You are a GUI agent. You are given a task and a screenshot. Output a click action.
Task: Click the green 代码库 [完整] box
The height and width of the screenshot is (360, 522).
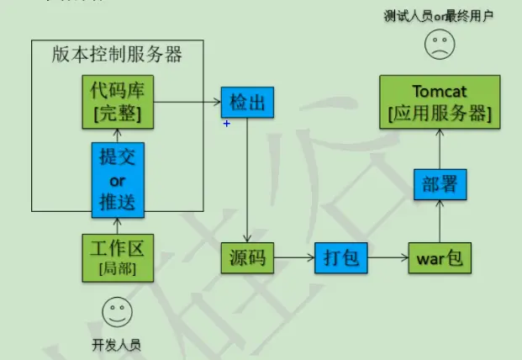[x=118, y=102]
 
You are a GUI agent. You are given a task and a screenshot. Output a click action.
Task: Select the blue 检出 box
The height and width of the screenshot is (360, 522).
[x=247, y=103]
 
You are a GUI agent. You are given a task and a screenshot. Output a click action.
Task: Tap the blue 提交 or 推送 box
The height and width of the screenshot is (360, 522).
[x=118, y=178]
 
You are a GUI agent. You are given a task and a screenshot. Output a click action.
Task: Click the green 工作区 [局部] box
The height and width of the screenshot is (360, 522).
[x=118, y=257]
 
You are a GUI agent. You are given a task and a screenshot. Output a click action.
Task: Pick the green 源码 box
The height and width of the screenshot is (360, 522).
[x=247, y=258]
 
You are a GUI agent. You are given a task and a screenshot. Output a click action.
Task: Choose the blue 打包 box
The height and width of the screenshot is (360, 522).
[x=341, y=258]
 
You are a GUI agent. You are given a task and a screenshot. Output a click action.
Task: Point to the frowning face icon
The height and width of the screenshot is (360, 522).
[x=437, y=45]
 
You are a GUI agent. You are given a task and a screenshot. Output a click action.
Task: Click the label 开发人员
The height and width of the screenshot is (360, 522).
[x=117, y=344]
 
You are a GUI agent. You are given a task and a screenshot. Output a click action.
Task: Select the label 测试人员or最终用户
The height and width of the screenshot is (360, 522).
[x=437, y=15]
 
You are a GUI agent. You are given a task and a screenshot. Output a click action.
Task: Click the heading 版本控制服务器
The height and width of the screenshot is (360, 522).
[x=118, y=56]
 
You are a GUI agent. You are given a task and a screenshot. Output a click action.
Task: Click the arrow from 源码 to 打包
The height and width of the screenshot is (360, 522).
[x=294, y=258]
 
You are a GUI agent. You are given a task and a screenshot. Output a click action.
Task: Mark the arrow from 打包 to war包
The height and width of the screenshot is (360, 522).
[x=388, y=258]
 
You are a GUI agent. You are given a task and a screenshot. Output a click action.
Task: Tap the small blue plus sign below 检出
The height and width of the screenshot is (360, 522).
[x=227, y=124]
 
